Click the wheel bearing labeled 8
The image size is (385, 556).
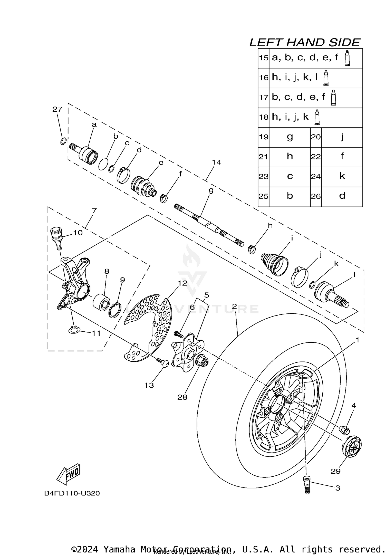102,303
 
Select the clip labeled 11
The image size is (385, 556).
74,330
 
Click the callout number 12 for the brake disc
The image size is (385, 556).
182,283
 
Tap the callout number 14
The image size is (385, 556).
216,162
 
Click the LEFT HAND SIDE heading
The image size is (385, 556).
305,43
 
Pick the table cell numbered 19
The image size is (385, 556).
263,137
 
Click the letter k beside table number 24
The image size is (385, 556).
342,176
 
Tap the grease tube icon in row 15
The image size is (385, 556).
347,58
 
